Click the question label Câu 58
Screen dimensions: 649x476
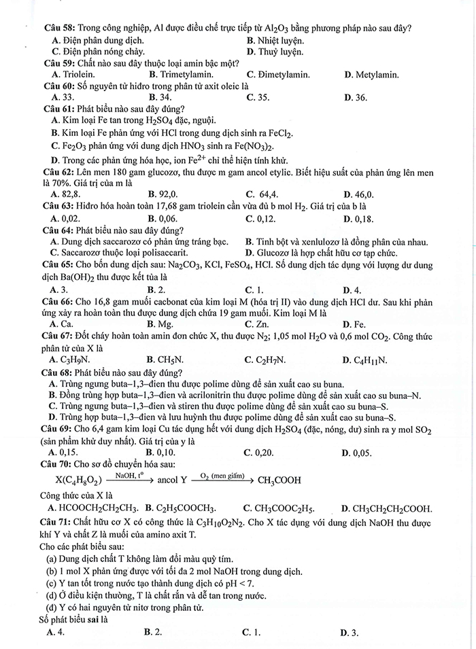(59, 29)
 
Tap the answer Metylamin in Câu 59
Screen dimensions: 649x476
(376, 74)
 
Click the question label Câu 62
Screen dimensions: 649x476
(59, 172)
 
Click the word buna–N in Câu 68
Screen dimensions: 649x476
(406, 395)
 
